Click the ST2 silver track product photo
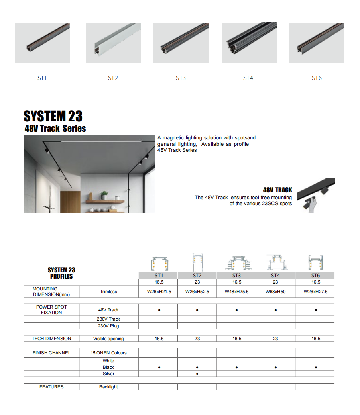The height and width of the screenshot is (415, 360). click(x=113, y=43)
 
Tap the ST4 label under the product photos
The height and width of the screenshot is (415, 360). click(x=248, y=78)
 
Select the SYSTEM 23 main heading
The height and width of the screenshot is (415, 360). click(x=53, y=116)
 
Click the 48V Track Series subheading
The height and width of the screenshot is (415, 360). click(x=55, y=129)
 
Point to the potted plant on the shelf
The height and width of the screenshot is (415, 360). click(x=104, y=195)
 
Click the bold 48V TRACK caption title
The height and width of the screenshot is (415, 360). click(x=277, y=190)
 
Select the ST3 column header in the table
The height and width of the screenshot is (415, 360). click(x=236, y=275)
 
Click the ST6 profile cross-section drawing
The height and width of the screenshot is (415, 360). click(x=315, y=262)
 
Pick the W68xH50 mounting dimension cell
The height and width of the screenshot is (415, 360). click(x=275, y=292)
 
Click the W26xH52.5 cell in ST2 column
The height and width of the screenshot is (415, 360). click(x=197, y=292)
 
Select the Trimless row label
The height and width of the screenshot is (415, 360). click(x=108, y=292)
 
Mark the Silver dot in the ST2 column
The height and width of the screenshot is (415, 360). click(x=197, y=374)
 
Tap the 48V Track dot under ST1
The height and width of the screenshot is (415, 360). click(x=159, y=310)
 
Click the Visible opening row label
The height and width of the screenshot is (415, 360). click(x=108, y=339)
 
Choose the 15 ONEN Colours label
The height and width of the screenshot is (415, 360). click(x=108, y=353)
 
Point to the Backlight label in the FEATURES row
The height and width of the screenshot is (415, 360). click(x=108, y=387)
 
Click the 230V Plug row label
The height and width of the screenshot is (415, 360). click(x=108, y=326)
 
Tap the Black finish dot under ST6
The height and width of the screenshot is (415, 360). click(x=316, y=368)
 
